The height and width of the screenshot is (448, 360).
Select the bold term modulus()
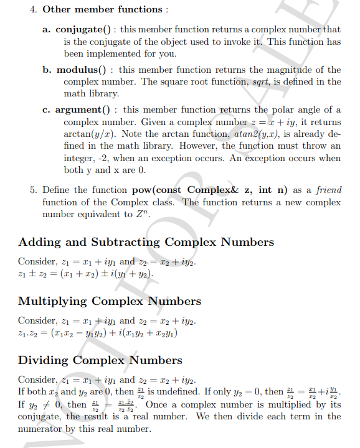tap(83, 70)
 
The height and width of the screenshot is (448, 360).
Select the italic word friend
tap(328, 189)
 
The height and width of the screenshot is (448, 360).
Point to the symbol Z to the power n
tap(143, 213)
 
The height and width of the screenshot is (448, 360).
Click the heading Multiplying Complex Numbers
tap(110, 301)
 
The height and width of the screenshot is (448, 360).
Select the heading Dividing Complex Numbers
tap(100, 360)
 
